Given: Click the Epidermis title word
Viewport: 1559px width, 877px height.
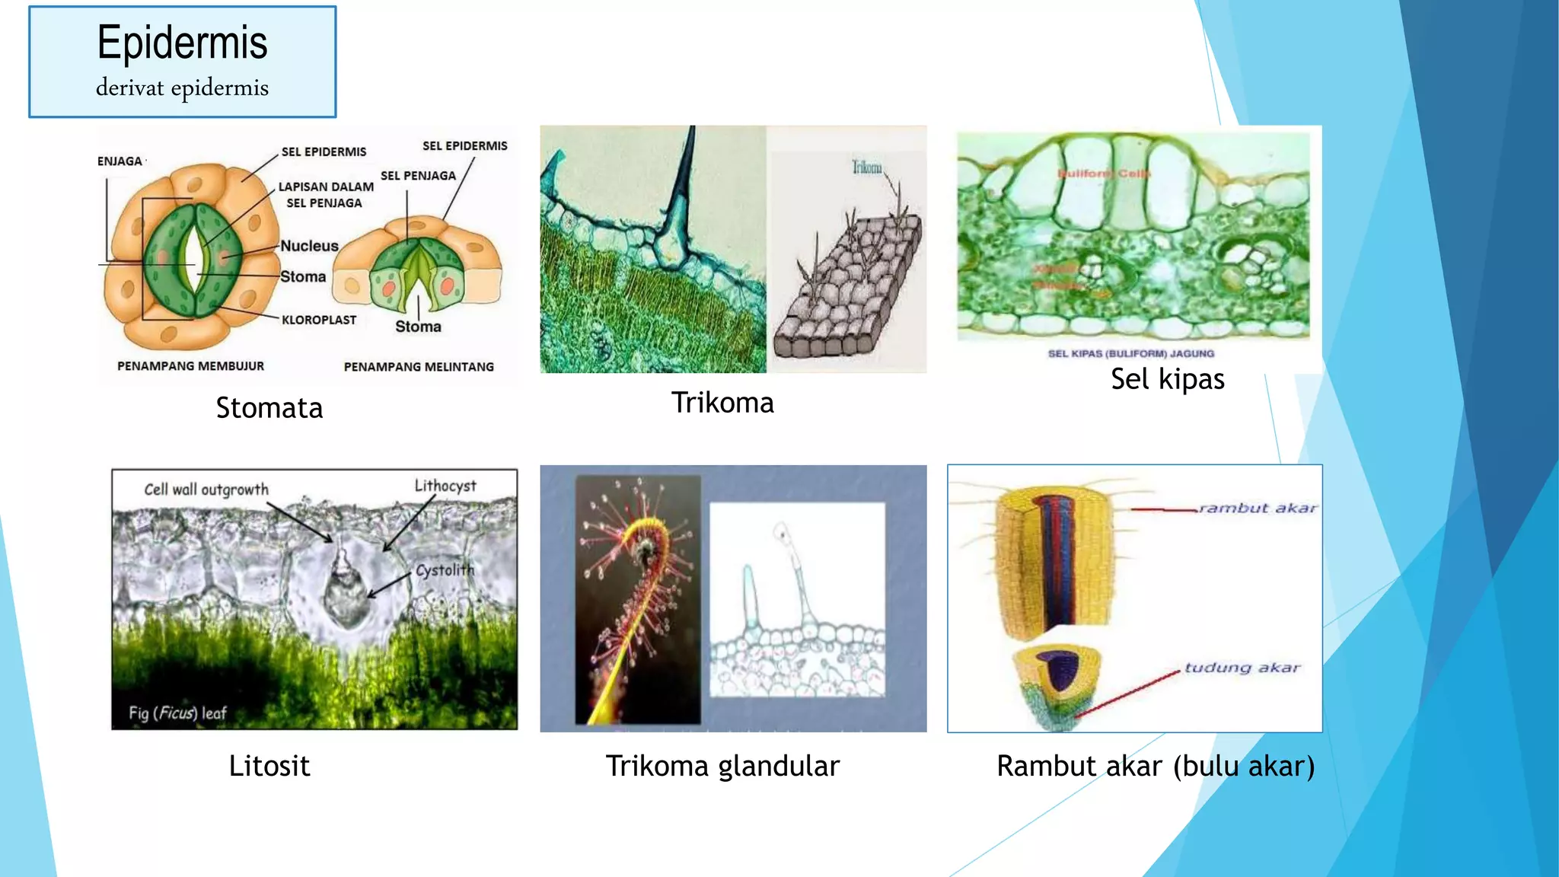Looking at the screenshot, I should coord(182,43).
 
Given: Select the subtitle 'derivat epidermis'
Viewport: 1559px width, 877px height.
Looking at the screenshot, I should coord(182,88).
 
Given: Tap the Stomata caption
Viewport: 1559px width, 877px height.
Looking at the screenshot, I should coord(269,408).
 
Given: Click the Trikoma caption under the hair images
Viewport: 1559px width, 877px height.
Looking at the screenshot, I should coord(722,403).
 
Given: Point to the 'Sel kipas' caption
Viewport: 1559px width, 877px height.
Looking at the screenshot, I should coord(1167,379).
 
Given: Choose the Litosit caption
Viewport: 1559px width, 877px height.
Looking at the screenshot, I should coord(269,766).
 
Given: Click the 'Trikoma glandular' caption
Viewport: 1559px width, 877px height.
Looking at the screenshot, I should coord(722,766).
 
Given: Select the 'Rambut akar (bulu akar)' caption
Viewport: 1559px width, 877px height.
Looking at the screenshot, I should coord(1156,766).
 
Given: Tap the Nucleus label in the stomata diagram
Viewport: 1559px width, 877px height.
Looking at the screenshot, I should coord(309,246).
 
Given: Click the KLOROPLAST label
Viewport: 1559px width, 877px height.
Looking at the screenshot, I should coord(319,320).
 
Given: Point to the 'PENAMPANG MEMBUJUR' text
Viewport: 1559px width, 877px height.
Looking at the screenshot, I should coord(190,366).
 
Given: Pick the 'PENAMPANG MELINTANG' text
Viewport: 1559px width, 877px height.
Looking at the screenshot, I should coord(419,367).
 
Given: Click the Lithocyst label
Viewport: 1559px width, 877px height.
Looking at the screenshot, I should coord(445,486).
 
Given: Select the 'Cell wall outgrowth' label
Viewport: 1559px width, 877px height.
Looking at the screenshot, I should coord(206,490).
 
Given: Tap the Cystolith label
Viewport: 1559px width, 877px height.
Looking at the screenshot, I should coord(445,570).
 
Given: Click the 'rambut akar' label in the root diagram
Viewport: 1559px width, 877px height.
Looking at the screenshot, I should coord(1258,509).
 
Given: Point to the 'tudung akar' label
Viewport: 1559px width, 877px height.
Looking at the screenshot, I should coord(1242,668).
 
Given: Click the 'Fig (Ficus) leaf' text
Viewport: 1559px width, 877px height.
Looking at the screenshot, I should coord(177,713).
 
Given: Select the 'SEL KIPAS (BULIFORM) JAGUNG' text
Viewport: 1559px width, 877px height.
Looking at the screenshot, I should coord(1131,353).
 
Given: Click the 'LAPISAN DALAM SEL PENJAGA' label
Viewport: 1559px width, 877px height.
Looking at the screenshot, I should coord(326,195).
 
